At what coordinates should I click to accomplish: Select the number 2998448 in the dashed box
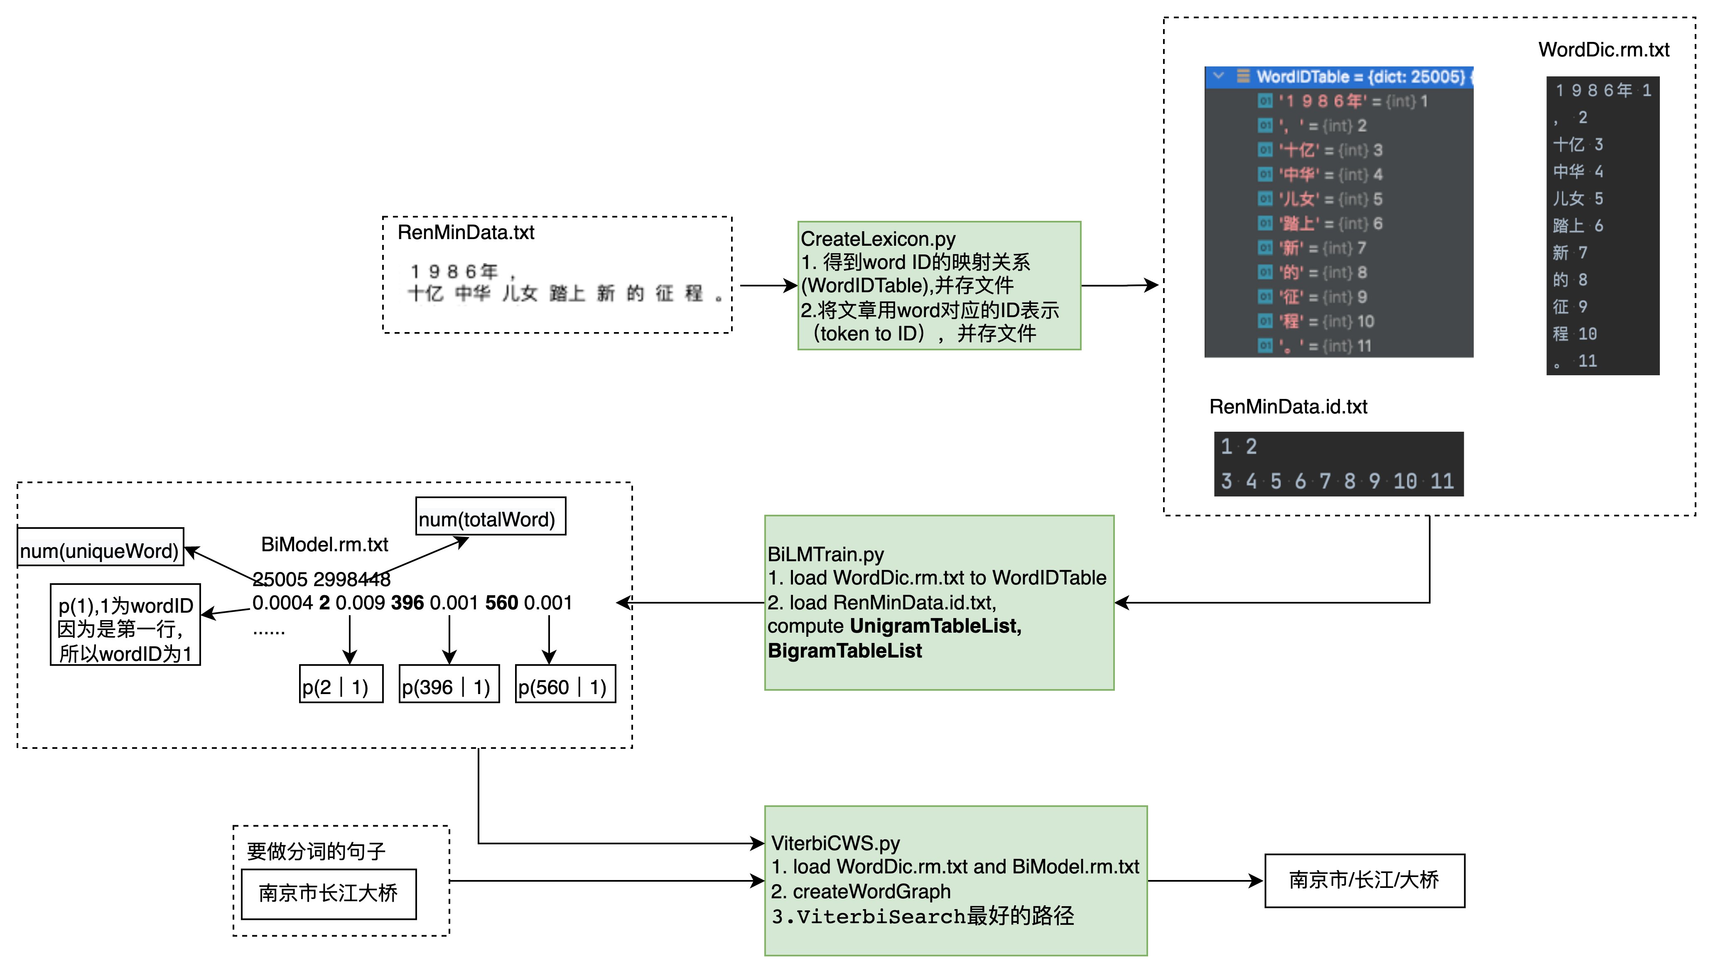click(x=352, y=579)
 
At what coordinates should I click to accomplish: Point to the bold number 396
click(x=407, y=603)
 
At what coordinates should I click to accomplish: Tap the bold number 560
click(x=501, y=603)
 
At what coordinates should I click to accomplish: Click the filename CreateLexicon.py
click(x=878, y=239)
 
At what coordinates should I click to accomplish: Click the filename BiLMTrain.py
click(x=826, y=554)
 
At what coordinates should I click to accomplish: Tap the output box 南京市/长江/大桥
click(x=1364, y=880)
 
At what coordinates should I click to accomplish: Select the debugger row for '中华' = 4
click(x=1330, y=174)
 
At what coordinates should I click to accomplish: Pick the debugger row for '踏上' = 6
click(x=1330, y=224)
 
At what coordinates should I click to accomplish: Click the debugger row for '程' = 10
click(x=1327, y=321)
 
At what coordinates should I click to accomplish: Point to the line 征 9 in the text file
click(x=1570, y=307)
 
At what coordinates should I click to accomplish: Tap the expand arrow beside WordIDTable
click(x=1218, y=76)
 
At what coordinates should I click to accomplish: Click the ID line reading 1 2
click(x=1239, y=446)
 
